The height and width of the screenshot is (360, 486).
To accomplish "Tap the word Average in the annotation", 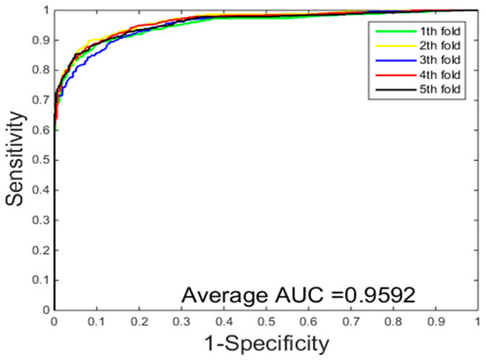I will coord(225,294).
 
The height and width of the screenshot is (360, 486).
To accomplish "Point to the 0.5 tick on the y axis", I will coord(42,160).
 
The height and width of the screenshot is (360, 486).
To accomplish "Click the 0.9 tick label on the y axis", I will coord(42,41).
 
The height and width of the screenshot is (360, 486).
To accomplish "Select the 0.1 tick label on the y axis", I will coord(42,280).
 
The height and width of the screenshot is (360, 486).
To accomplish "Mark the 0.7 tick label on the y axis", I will coord(42,100).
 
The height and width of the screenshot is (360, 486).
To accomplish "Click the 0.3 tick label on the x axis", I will coord(181,321).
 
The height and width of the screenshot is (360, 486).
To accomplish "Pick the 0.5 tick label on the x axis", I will coord(266,321).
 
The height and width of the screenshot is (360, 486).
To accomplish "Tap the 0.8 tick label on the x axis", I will coord(392,321).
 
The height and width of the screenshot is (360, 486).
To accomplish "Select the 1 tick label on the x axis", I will coord(477,321).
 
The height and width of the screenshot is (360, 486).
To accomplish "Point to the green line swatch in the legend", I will coord(390,33).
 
